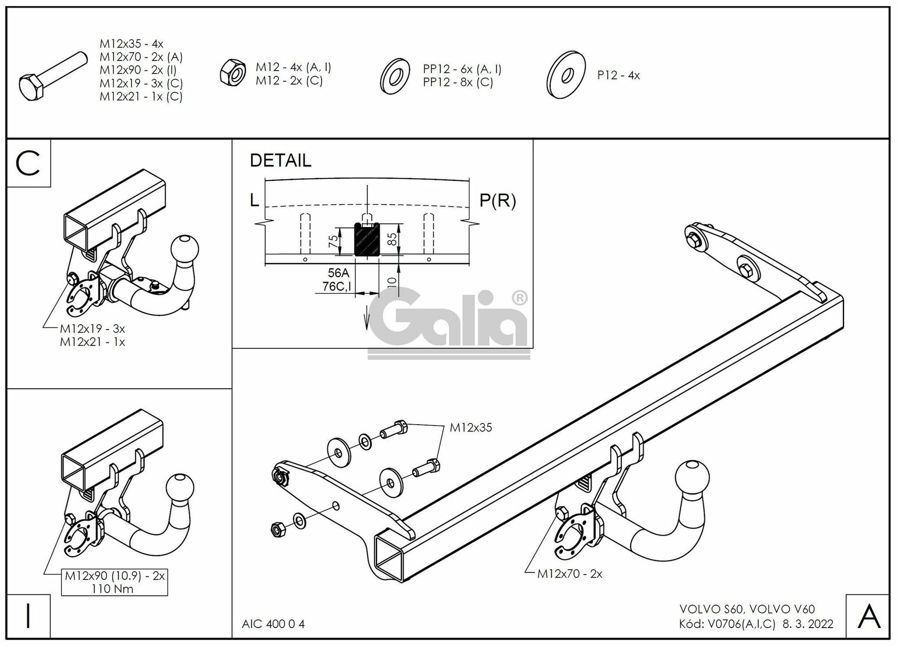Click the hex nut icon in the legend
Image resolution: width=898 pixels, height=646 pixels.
point(232,72)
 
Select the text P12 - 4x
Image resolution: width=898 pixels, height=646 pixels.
point(618,75)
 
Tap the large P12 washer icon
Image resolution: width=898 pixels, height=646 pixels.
point(566,74)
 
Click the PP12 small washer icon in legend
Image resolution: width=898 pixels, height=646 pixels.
point(395,76)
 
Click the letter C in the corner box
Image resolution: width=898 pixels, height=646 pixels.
point(28,163)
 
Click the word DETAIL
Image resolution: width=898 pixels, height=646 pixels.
point(280,161)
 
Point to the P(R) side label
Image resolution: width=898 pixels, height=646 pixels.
point(497,201)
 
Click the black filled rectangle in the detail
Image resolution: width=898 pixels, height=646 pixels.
point(367,240)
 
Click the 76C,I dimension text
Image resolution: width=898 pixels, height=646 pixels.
point(337,286)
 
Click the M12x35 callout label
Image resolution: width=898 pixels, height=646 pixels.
point(471,428)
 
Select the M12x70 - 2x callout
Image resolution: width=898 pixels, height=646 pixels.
point(569,574)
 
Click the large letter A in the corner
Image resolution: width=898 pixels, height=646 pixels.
point(869,617)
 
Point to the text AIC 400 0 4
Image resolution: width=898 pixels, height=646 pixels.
point(273,624)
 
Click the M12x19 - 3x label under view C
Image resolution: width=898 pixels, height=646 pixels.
point(92,329)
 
